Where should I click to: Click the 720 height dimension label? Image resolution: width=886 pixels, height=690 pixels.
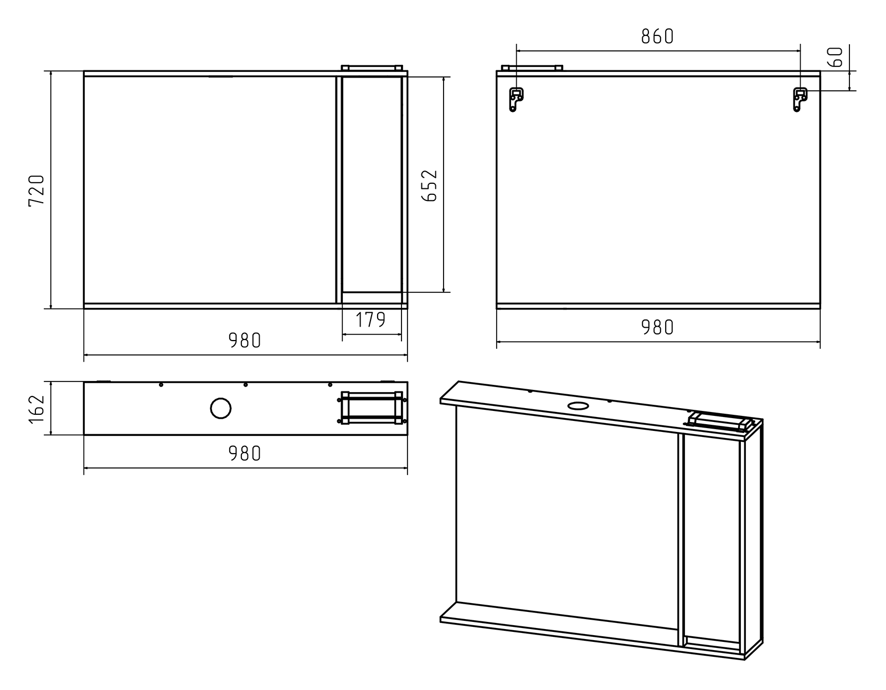point(37,190)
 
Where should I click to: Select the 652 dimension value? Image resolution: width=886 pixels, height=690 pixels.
point(430,186)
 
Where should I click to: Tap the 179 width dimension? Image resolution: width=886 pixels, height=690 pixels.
point(370,320)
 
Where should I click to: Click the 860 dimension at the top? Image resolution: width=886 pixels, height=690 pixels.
point(657,37)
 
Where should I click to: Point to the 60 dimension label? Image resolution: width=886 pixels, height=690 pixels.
point(837,57)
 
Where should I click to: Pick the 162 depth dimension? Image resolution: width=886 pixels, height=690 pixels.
point(37,408)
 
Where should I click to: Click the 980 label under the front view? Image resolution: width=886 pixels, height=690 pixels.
point(244,340)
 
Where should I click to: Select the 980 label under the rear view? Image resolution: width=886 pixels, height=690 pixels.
point(657,327)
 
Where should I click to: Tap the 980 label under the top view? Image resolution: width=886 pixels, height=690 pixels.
point(244,454)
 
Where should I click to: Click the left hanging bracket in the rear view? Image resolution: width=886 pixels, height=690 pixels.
point(516,99)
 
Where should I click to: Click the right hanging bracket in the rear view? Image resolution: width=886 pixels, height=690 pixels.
point(800,99)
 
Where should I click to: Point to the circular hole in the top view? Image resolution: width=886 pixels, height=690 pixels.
point(220,409)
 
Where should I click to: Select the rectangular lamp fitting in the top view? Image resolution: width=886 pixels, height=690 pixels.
point(372,408)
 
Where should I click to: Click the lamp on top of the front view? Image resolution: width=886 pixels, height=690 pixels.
point(371,68)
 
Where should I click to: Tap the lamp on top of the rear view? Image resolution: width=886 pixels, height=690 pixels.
point(532,68)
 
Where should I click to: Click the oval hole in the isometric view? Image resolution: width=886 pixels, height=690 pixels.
point(578,405)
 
